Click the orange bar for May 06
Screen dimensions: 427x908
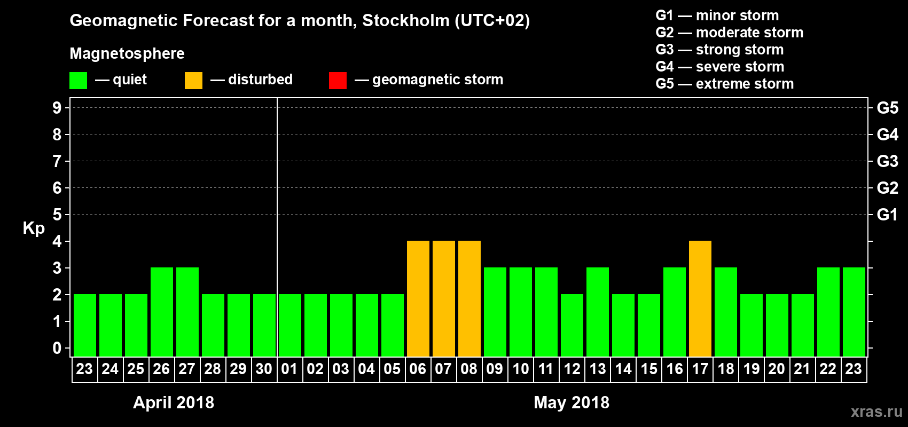[418, 299]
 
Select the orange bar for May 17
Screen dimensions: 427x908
[700, 299]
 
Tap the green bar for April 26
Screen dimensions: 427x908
[162, 312]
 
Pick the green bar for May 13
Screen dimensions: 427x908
[598, 312]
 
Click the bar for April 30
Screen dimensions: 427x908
[264, 326]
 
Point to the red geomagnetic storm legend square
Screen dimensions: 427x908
[338, 81]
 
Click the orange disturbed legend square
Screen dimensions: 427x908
[193, 81]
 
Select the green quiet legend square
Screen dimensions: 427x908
[79, 81]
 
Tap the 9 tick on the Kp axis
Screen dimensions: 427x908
[57, 108]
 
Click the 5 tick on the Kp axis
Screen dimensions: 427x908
[57, 215]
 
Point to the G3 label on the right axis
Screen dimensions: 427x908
[887, 161]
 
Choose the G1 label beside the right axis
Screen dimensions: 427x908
[887, 215]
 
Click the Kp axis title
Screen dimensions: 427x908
[34, 228]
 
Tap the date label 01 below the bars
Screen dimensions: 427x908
[289, 369]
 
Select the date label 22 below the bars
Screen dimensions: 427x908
[828, 369]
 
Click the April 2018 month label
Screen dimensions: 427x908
[174, 402]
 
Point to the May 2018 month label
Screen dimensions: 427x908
[572, 402]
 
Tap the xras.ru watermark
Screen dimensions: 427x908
[876, 412]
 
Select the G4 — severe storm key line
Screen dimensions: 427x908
[720, 67]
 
